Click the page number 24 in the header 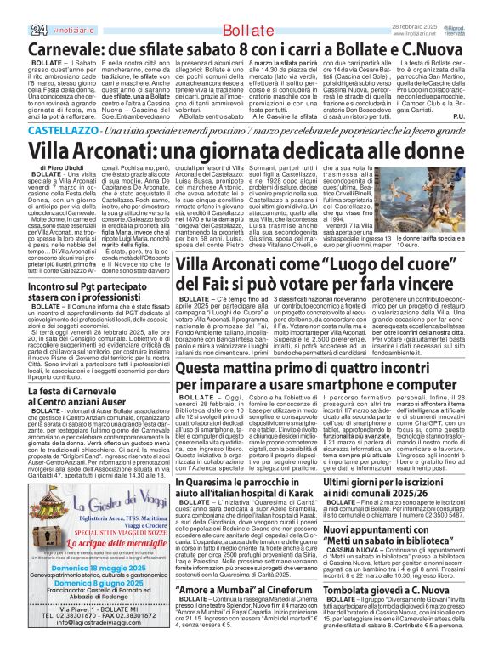coord(14,8)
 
